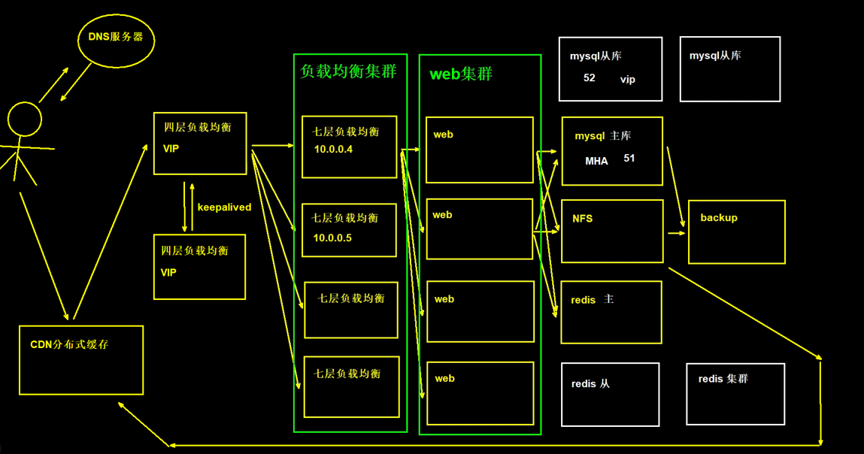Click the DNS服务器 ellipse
[x=116, y=41]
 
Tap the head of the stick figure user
[x=24, y=119]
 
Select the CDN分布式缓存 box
[x=81, y=360]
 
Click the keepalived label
[x=224, y=207]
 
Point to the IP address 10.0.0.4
[x=333, y=150]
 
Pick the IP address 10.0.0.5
[x=332, y=238]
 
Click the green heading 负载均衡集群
[x=348, y=71]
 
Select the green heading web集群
[x=461, y=74]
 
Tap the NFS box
[x=612, y=231]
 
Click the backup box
[x=736, y=232]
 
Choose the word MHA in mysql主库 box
[x=596, y=162]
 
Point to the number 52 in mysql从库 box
[x=590, y=78]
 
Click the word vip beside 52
[x=628, y=80]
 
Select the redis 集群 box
[x=735, y=394]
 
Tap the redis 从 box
[x=610, y=395]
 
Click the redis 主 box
[x=611, y=312]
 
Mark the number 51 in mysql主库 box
[x=629, y=159]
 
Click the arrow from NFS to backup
[x=676, y=233]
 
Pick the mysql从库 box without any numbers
[x=729, y=69]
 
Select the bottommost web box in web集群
[x=480, y=393]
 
